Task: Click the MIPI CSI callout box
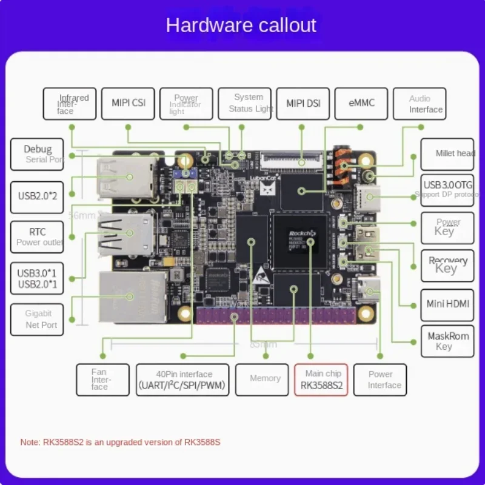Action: [128, 104]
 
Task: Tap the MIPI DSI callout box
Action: [303, 104]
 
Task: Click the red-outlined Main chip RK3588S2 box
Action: [321, 380]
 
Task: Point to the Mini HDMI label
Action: [447, 304]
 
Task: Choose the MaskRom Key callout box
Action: [447, 341]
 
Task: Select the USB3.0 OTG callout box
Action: [447, 189]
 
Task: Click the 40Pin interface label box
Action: [182, 380]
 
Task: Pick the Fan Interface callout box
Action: [102, 380]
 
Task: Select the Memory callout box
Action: [266, 380]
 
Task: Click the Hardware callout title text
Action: [241, 25]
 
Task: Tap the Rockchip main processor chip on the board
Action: [301, 241]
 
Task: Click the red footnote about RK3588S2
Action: [121, 443]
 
